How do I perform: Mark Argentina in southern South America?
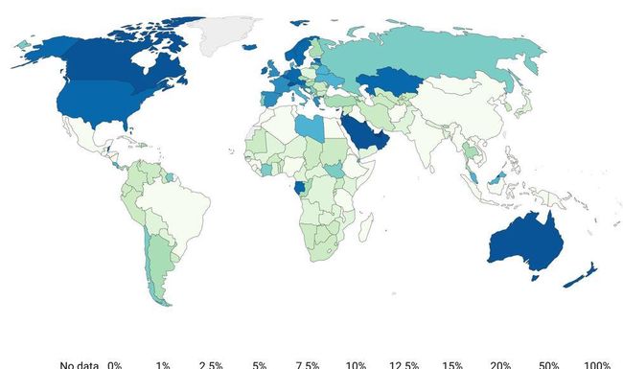153,264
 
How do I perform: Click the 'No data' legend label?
80,364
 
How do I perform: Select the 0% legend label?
114,364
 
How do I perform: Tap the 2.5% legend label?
211,364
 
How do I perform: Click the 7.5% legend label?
308,364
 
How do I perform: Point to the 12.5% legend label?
404,364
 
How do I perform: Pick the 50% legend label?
549,364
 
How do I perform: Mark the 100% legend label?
597,364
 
